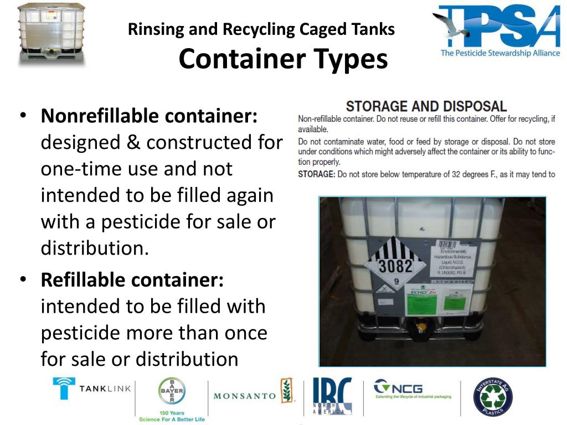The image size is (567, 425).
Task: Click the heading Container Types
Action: point(283,59)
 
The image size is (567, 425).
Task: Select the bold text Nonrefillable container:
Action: point(150,116)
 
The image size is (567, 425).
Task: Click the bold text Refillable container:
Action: point(132,280)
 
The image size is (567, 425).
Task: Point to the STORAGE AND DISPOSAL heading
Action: point(426,106)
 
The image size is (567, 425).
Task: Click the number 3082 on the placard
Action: point(395,266)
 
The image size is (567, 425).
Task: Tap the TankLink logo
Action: point(92,388)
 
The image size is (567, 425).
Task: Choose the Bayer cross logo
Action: point(172,391)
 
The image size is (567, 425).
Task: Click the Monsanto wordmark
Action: point(245,396)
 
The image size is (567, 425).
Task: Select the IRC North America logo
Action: point(332,396)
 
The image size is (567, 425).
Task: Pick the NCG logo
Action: point(412,388)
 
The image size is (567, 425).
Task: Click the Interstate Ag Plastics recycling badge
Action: point(493,396)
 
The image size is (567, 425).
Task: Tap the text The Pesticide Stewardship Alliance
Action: point(500,53)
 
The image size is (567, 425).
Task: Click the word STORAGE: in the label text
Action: point(316,174)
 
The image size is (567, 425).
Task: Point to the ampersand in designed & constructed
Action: point(133,143)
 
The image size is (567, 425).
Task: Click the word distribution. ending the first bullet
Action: point(95,248)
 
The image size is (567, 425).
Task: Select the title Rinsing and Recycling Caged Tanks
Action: point(261,29)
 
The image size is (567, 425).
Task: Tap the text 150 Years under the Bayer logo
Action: point(172,413)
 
